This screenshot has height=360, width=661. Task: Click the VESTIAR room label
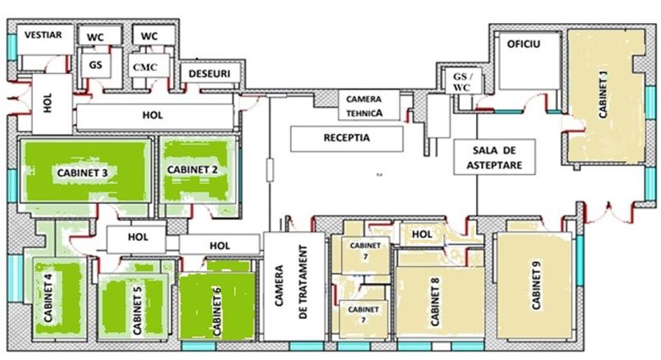[x=43, y=35]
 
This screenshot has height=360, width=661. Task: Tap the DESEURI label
[x=210, y=73]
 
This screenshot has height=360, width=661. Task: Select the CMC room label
[x=145, y=67]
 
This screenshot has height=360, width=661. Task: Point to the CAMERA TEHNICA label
[x=364, y=106]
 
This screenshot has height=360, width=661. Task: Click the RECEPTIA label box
[x=346, y=138]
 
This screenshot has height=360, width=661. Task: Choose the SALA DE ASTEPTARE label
[x=494, y=157]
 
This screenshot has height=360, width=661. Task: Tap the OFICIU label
[x=523, y=44]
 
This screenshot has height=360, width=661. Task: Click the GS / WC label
[x=461, y=82]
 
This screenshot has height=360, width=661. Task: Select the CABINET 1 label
[x=603, y=95]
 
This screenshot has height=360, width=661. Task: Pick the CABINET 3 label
[x=82, y=173]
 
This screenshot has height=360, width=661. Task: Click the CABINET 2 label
[x=192, y=169]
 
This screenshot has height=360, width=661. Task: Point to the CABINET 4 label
[x=49, y=298]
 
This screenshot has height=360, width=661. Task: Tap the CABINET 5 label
[x=136, y=308]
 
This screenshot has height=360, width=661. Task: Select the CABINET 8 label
[x=435, y=302]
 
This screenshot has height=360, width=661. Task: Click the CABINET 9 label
[x=535, y=285]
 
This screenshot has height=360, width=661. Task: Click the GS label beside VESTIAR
[x=95, y=65]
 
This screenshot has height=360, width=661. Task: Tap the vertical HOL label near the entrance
[x=48, y=103]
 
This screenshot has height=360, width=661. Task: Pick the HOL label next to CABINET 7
[x=422, y=234]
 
